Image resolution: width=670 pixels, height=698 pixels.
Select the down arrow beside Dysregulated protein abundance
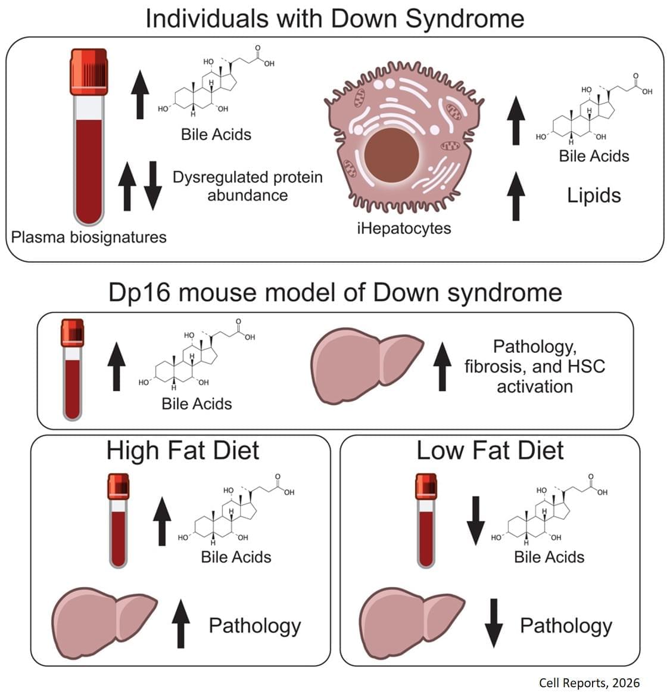tap(153, 185)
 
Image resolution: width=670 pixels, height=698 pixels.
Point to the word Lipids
tap(594, 196)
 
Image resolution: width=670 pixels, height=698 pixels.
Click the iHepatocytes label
tap(404, 228)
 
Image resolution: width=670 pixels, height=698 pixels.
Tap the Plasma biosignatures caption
tap(89, 237)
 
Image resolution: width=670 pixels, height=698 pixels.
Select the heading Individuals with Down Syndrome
tap(335, 18)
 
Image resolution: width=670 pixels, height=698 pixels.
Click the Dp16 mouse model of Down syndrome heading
tap(335, 293)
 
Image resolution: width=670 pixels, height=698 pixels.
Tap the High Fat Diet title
tap(182, 450)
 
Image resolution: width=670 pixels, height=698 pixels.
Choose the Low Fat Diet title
tap(490, 450)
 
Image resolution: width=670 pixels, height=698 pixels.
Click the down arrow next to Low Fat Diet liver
tap(493, 623)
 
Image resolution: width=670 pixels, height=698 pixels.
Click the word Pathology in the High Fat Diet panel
tap(254, 625)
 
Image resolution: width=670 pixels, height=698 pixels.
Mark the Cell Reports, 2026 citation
tap(588, 683)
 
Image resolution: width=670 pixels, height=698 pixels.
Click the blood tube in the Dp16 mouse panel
tap(72, 370)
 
